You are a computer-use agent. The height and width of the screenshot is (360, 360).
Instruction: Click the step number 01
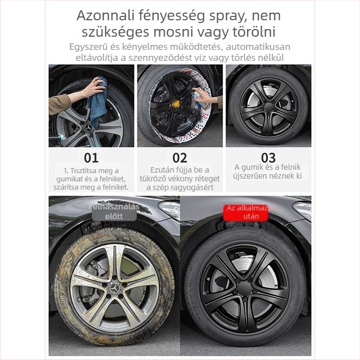(91, 158)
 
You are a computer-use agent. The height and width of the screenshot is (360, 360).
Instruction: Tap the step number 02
(180, 158)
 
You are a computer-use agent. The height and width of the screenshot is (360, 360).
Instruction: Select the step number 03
(268, 158)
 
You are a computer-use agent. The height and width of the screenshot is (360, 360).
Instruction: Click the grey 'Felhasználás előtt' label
(114, 211)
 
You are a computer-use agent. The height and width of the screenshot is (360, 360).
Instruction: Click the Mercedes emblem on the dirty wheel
(115, 288)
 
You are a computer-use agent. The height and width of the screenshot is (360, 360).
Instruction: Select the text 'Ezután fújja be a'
(180, 170)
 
